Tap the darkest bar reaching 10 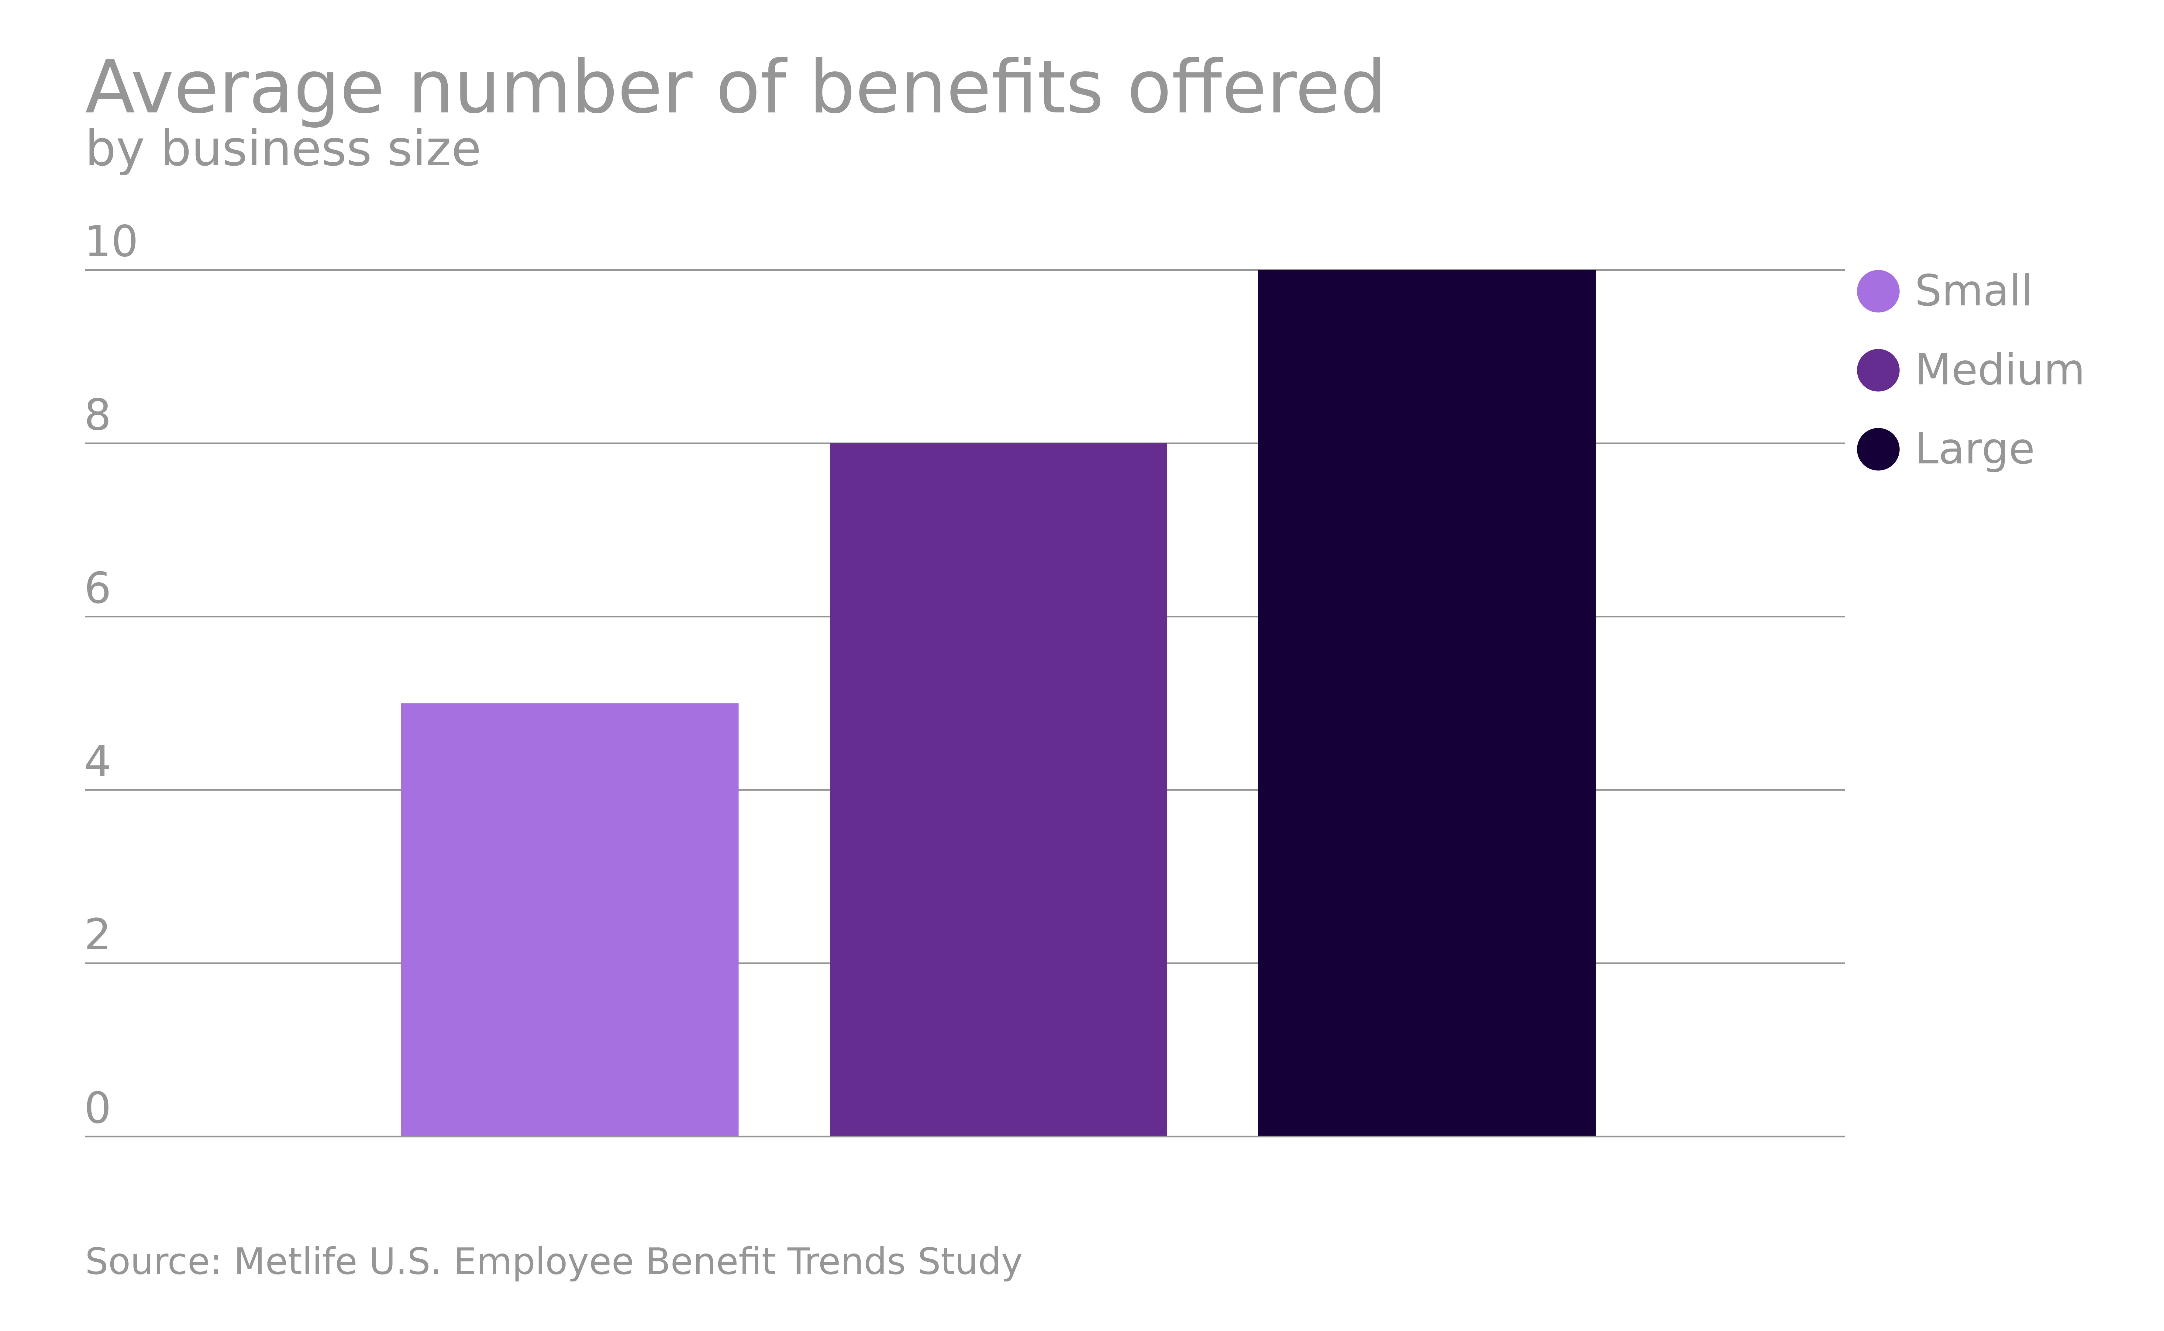[x=1426, y=703]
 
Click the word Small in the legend [x=1973, y=291]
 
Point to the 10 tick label [x=111, y=242]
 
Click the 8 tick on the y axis [x=98, y=415]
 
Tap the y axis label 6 [x=98, y=589]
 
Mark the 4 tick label [x=98, y=762]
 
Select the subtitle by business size [x=283, y=150]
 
